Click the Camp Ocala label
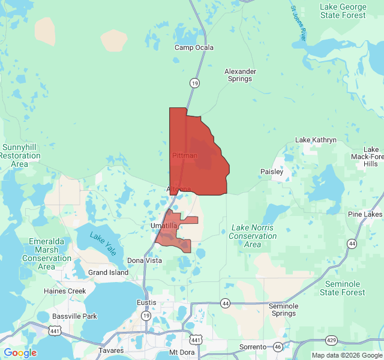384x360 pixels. (194, 47)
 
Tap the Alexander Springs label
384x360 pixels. (240, 76)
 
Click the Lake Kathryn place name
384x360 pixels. (316, 140)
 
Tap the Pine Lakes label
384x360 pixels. (365, 214)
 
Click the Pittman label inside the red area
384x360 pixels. (184, 155)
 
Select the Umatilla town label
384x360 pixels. (164, 226)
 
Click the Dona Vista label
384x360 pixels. (145, 260)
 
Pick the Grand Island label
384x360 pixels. (108, 272)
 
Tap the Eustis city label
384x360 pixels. (146, 302)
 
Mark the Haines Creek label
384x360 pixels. (65, 291)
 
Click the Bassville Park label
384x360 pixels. (74, 316)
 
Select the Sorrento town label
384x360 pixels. (253, 347)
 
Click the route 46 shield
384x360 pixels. (278, 347)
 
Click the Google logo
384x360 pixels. (20, 353)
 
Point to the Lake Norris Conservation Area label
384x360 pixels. (253, 236)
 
